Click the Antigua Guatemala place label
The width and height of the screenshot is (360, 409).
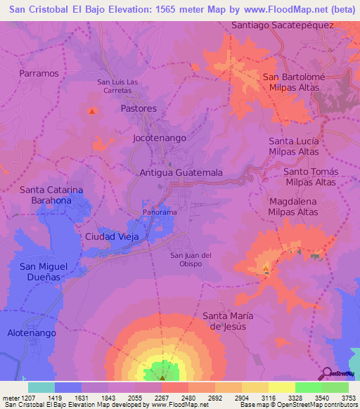[181, 172]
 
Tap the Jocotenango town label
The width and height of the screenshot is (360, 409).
[160, 138]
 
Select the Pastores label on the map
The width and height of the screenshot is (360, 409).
[139, 109]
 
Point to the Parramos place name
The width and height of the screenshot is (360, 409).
[39, 73]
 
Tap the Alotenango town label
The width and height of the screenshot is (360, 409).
[31, 332]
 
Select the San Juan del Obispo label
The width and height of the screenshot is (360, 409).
[191, 259]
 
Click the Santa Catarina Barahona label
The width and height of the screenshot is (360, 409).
[46, 195]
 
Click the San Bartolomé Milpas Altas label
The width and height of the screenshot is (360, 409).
[291, 82]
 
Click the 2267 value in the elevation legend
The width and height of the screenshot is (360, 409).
[162, 397]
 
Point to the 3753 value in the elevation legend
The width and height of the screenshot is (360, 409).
[349, 397]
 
